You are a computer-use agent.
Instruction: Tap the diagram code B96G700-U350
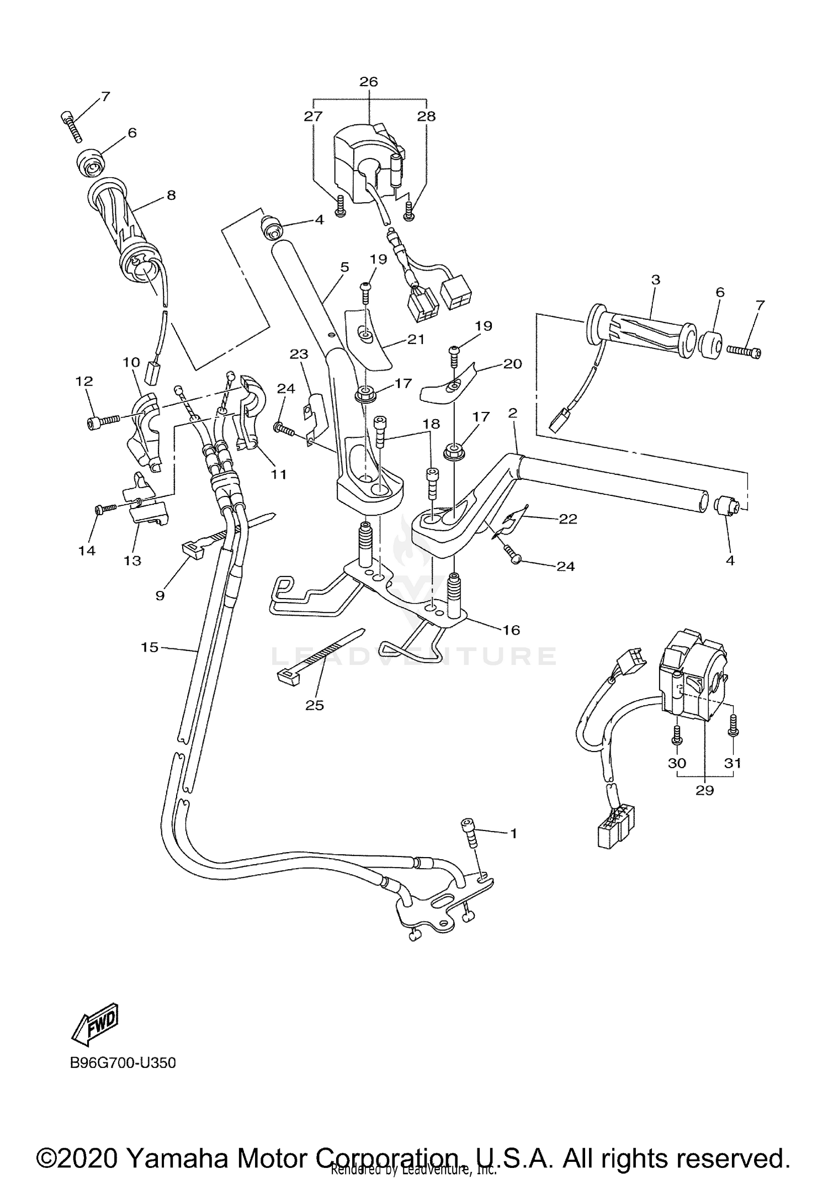[x=123, y=1062]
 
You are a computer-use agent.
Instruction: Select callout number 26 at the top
[x=368, y=82]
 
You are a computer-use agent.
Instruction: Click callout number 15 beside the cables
[x=149, y=647]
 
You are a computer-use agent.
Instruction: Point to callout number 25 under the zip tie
[x=315, y=705]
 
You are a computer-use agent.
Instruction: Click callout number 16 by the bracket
[x=511, y=630]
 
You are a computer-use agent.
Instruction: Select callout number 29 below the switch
[x=704, y=790]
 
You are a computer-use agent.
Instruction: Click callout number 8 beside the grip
[x=171, y=195]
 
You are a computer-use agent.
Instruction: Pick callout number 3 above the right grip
[x=655, y=279]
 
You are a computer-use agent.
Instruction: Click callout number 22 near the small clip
[x=568, y=519]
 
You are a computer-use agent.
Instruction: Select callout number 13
[x=132, y=561]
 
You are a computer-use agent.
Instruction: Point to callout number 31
[x=732, y=763]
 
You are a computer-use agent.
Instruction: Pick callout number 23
[x=299, y=354]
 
